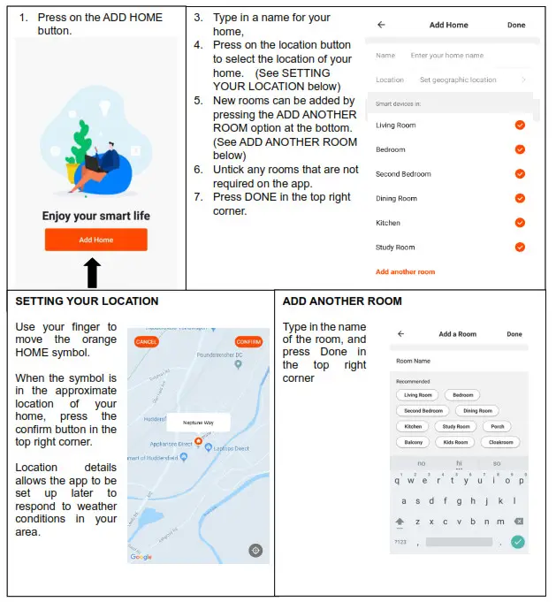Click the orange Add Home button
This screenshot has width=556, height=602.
tap(95, 240)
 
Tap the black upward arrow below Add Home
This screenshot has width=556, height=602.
tap(92, 273)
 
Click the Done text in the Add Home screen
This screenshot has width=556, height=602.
tap(516, 26)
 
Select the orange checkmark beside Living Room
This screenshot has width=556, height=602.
tap(520, 126)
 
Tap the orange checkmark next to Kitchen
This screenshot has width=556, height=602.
tap(520, 223)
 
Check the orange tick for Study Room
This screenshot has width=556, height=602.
tap(520, 248)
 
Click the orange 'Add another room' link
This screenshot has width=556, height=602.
tap(405, 271)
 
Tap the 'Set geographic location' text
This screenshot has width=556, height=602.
tap(458, 80)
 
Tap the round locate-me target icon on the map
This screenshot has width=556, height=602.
tap(255, 551)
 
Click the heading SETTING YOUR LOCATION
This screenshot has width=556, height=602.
tap(87, 301)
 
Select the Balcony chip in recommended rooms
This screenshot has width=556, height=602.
tap(414, 442)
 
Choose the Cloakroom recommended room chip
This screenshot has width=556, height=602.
tap(500, 442)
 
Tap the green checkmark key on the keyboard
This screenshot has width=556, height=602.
tap(518, 542)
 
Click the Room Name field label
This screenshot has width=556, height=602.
tap(414, 361)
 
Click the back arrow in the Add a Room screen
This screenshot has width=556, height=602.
tap(400, 334)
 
